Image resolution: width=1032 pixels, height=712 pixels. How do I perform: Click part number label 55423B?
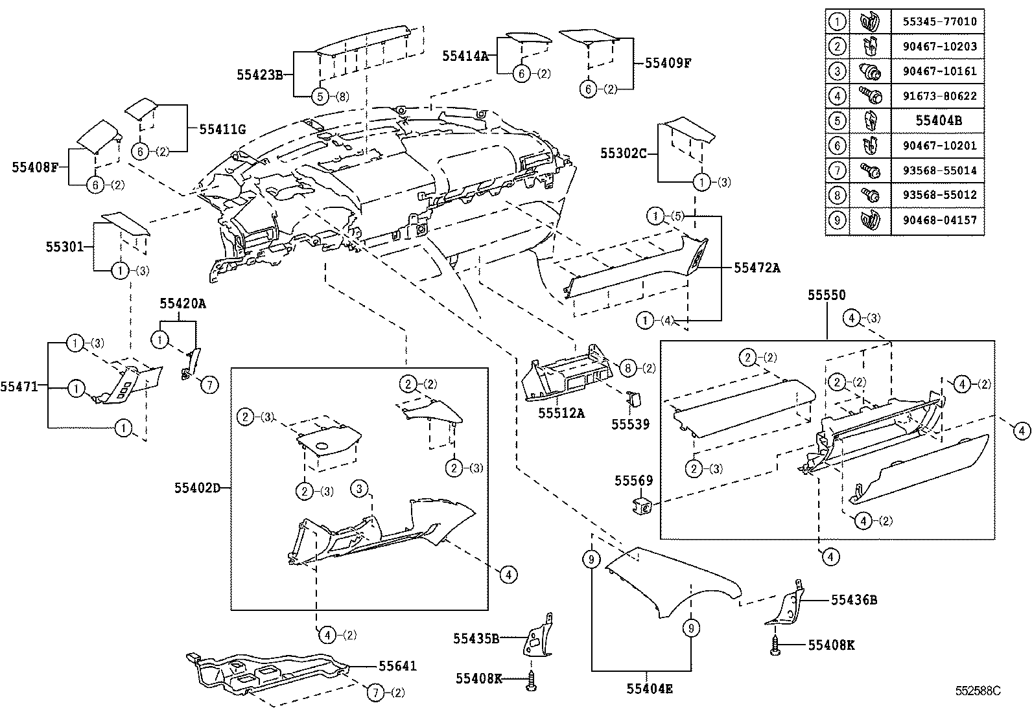(x=259, y=75)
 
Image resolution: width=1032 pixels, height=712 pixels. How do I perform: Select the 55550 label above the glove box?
(x=826, y=295)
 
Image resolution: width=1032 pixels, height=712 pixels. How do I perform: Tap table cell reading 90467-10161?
(x=939, y=71)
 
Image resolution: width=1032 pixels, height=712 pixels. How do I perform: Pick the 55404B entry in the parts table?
(x=939, y=121)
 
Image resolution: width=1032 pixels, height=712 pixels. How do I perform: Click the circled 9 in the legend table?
(x=837, y=220)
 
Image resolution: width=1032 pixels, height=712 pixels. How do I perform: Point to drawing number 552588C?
(x=978, y=691)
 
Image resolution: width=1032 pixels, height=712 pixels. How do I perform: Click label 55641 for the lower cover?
(x=397, y=666)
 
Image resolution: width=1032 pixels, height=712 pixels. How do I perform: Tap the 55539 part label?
(x=630, y=424)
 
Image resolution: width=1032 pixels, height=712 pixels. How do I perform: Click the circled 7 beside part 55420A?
(x=209, y=385)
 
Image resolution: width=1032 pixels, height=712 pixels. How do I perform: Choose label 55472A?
(x=756, y=267)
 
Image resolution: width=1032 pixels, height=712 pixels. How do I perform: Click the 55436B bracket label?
(x=854, y=601)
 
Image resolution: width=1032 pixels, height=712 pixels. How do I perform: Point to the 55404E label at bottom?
(x=649, y=689)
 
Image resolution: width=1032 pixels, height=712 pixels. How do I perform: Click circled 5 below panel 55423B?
(x=320, y=97)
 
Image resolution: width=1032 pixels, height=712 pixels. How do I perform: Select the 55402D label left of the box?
(x=197, y=487)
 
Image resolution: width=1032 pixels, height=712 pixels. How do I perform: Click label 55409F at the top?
(x=668, y=63)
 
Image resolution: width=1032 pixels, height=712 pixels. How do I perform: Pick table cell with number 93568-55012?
(x=939, y=195)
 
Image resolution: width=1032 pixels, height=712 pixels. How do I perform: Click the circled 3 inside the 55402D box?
(x=360, y=488)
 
